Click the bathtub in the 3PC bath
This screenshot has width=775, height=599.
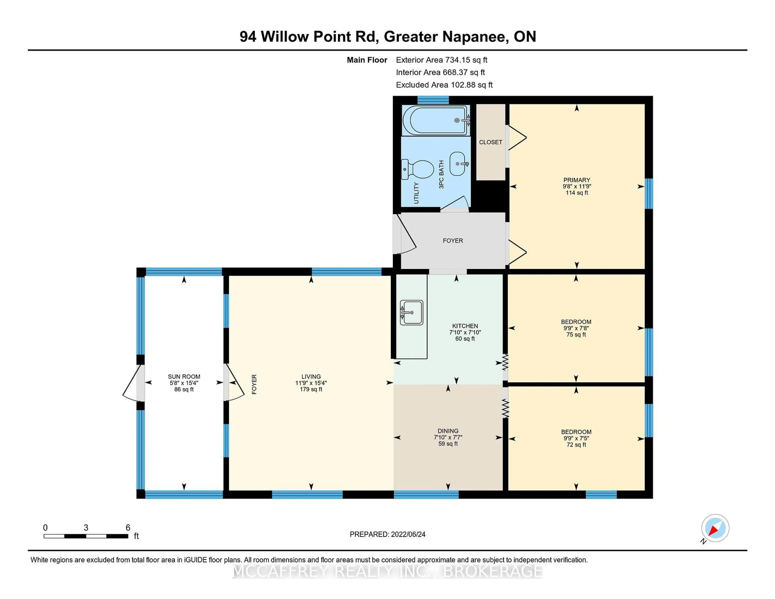[436, 120]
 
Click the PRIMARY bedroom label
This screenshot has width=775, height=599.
[577, 180]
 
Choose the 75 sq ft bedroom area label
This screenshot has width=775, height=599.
[576, 335]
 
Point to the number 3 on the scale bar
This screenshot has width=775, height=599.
[86, 528]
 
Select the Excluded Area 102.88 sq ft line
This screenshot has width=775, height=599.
[444, 85]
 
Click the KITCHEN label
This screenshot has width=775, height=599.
[465, 326]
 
